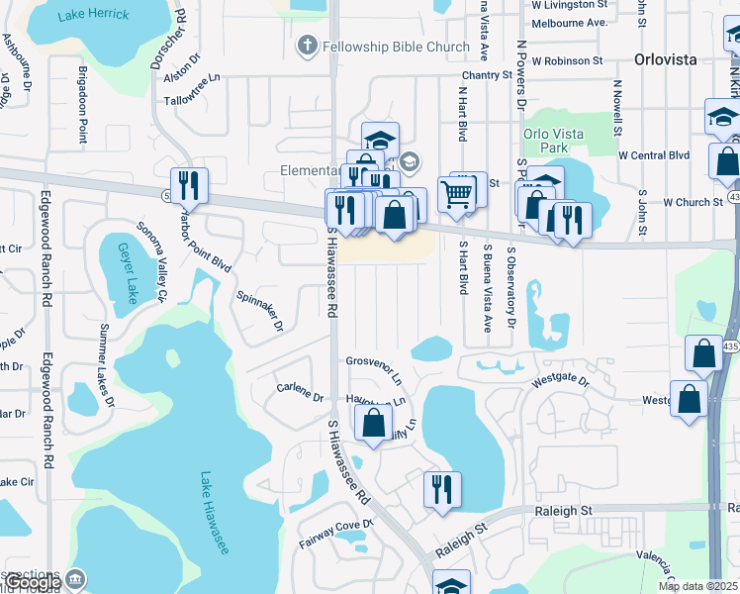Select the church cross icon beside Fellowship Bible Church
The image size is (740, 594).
coord(308,46)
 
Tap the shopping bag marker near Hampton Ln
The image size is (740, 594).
coord(373,422)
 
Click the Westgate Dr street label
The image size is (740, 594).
coord(560,381)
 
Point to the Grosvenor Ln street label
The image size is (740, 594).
coord(374,369)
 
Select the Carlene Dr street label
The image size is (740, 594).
coord(300,392)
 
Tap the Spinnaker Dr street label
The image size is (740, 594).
coord(260,311)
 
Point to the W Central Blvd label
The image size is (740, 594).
coord(653,155)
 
